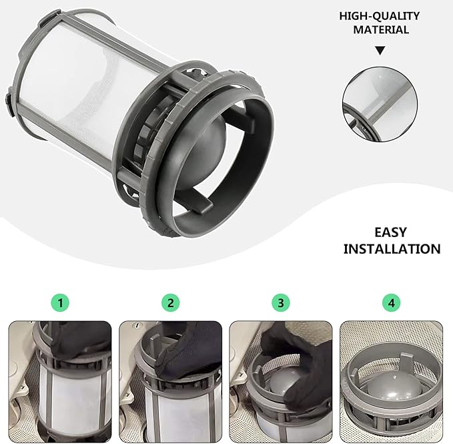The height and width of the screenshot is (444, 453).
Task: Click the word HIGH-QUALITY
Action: [x=380, y=15]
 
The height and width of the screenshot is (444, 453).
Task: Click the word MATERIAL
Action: [x=380, y=29]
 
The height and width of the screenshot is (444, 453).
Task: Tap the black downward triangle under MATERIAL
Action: [x=380, y=50]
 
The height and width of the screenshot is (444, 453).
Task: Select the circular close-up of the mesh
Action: [x=380, y=101]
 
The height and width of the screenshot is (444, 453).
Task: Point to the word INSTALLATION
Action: [x=392, y=248]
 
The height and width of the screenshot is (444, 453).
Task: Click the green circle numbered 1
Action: [x=61, y=302]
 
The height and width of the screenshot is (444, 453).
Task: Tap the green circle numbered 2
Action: [x=171, y=302]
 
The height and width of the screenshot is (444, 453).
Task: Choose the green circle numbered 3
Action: [x=281, y=302]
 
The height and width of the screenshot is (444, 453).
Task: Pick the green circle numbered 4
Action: [x=391, y=302]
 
